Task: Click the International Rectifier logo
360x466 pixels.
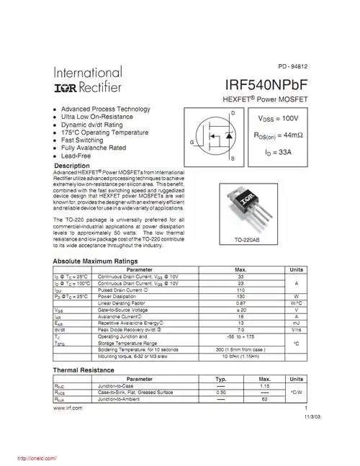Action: point(88,81)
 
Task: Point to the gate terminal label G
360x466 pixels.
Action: point(192,143)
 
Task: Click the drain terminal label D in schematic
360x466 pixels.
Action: point(232,115)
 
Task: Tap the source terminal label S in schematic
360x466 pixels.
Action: point(232,167)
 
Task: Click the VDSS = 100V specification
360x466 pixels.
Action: point(278,117)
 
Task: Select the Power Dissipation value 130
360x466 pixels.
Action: point(241,297)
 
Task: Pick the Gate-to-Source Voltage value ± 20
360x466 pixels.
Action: point(241,310)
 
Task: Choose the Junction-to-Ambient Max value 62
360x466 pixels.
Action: point(264,398)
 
